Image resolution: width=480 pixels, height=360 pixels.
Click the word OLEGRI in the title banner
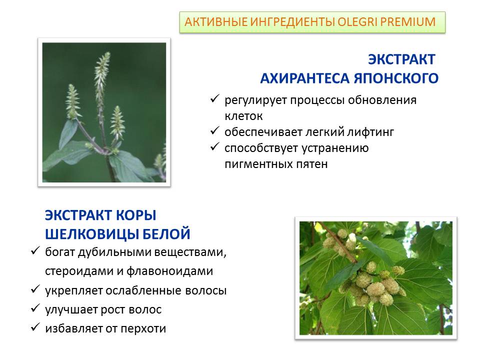click(x=356, y=22)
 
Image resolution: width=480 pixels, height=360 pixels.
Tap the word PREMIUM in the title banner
click(x=407, y=22)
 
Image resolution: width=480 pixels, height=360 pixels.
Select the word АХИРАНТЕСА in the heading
click(x=305, y=78)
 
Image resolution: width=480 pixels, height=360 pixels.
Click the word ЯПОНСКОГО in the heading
click(x=396, y=78)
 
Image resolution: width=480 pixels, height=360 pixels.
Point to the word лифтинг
click(x=370, y=132)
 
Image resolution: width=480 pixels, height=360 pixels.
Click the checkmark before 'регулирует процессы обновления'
click(x=214, y=98)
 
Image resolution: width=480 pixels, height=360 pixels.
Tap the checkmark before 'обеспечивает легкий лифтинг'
click(x=214, y=130)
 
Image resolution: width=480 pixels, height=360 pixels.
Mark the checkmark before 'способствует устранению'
click(x=214, y=146)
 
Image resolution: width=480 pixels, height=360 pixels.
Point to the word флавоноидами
click(x=169, y=271)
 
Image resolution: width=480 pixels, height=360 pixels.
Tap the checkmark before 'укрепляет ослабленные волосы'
click(x=35, y=289)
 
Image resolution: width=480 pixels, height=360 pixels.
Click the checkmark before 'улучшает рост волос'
click(x=35, y=308)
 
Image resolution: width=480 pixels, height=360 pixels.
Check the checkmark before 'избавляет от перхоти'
click(x=35, y=327)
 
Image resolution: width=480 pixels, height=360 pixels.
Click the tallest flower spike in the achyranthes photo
click(x=101, y=76)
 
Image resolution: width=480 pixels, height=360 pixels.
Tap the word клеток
click(x=243, y=116)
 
